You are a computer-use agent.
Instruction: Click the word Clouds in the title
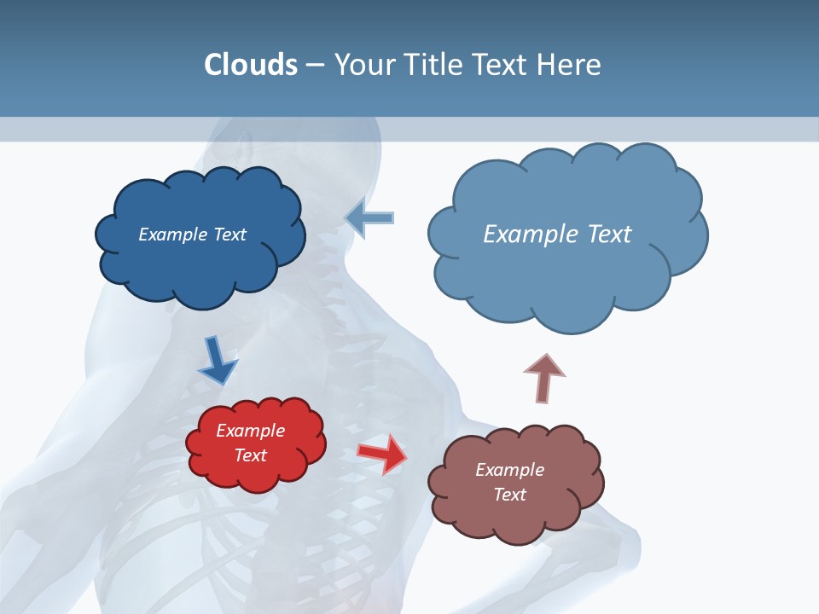tap(251, 65)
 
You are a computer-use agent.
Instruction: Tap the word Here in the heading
tap(569, 65)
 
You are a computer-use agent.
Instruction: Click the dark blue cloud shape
tap(200, 264)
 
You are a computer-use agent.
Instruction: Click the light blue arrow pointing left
tap(370, 217)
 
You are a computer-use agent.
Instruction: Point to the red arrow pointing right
tap(381, 454)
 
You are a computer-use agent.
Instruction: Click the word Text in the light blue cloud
tap(607, 235)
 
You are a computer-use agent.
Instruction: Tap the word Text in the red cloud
tap(251, 456)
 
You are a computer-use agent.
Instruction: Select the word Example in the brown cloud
tap(509, 470)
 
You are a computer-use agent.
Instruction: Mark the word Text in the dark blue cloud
tap(229, 235)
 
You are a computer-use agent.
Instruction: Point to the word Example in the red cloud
tap(251, 432)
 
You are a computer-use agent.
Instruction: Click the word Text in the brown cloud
tap(509, 495)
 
